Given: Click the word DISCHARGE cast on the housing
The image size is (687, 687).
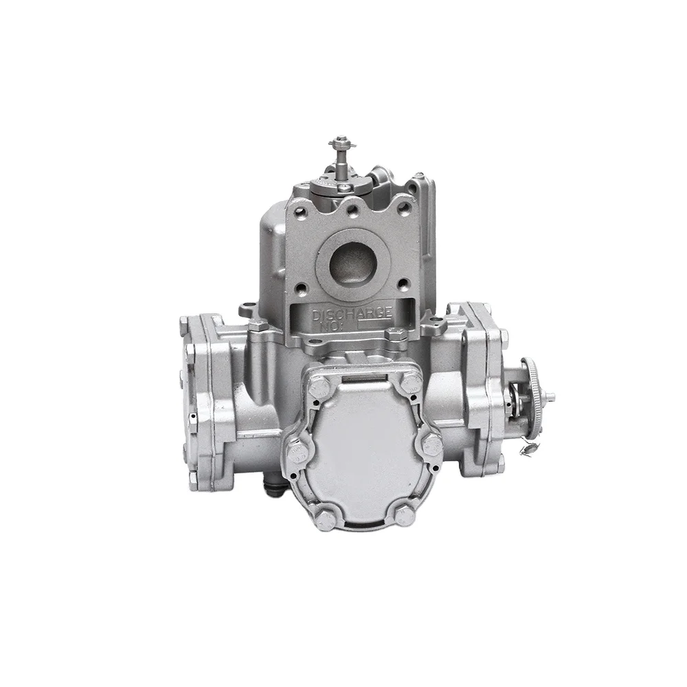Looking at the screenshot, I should pos(352,314).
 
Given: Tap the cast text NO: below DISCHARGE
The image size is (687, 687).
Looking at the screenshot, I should pos(328,326).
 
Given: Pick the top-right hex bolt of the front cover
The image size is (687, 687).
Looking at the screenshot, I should pos(411,385).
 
